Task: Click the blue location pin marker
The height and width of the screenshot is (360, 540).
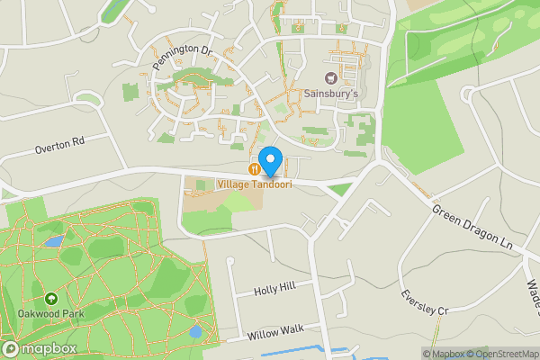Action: [x=270, y=160]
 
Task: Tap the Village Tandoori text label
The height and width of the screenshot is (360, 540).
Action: [x=255, y=184]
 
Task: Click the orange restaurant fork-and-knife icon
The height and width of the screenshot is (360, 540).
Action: [x=256, y=168]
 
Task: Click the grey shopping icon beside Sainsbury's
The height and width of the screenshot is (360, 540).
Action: [x=330, y=76]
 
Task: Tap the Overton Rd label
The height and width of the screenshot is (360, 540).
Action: [x=59, y=142]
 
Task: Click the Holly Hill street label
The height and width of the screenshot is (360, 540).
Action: [x=274, y=290]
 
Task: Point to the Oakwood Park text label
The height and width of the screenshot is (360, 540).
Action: [x=49, y=313]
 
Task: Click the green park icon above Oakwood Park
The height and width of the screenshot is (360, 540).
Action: [x=50, y=298]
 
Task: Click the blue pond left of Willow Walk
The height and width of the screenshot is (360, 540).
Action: [x=195, y=331]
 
